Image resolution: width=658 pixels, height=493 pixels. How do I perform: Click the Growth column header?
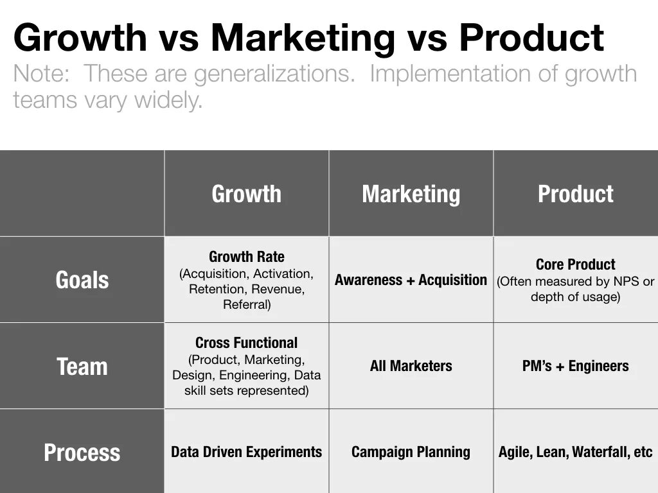click(x=246, y=194)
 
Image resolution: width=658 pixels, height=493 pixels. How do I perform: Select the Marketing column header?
click(x=411, y=194)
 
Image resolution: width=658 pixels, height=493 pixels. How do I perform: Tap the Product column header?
click(x=575, y=194)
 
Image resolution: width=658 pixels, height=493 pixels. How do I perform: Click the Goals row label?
click(x=82, y=280)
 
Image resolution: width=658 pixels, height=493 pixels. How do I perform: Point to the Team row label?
click(x=82, y=367)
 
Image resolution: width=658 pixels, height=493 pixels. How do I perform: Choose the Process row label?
click(x=82, y=453)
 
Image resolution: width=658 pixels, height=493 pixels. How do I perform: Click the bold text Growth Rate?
click(x=246, y=257)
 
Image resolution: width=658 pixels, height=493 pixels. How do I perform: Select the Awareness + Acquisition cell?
click(x=411, y=280)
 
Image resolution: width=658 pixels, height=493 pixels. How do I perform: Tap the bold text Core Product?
click(x=575, y=264)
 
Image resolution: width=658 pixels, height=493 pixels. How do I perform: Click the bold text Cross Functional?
click(x=246, y=343)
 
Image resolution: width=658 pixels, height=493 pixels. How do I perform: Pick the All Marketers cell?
click(x=411, y=367)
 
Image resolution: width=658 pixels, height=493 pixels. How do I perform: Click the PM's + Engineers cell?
click(x=575, y=367)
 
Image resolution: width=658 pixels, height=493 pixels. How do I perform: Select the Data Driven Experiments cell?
click(x=246, y=452)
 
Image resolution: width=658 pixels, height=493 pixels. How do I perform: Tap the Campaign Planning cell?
click(x=411, y=452)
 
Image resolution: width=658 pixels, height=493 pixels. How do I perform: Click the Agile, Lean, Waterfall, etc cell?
click(x=575, y=452)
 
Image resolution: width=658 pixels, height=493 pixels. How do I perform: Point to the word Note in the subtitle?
click(x=40, y=74)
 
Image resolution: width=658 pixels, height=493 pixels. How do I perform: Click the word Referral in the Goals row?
click(x=247, y=305)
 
